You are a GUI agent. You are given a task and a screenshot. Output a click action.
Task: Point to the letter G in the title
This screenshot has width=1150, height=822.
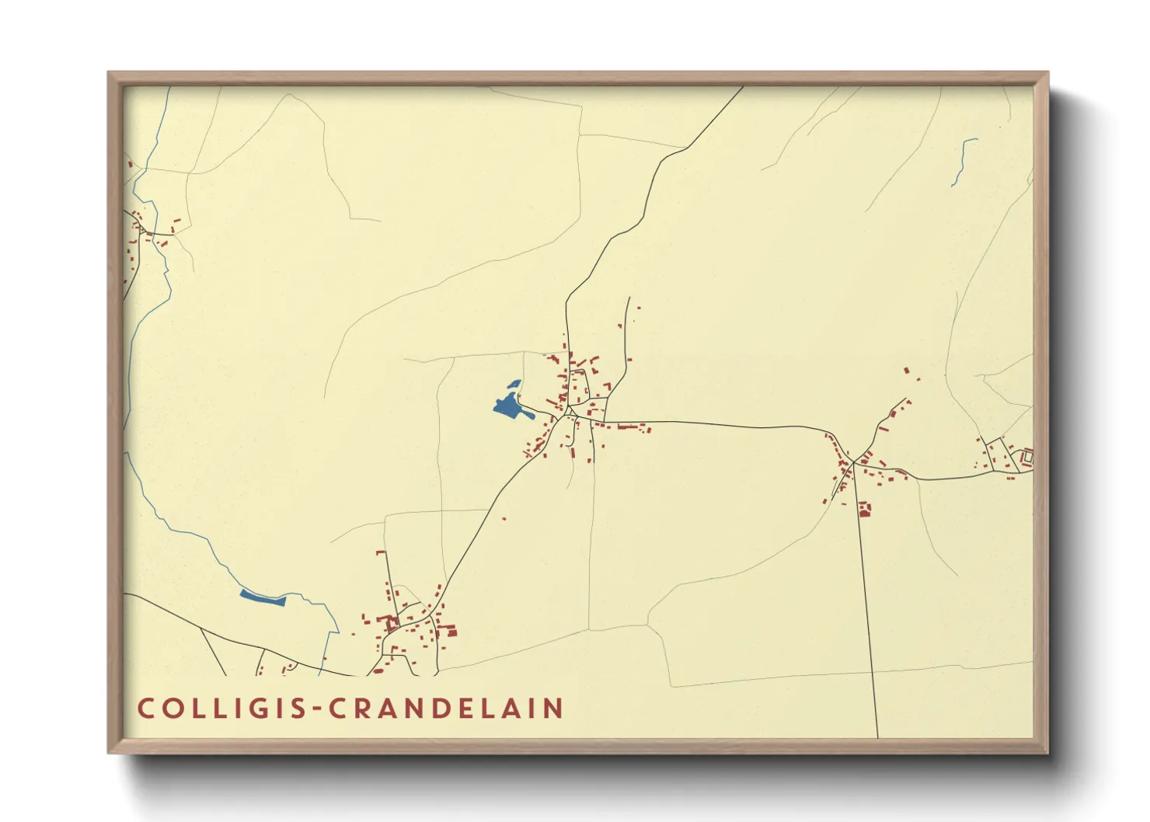click(261, 709)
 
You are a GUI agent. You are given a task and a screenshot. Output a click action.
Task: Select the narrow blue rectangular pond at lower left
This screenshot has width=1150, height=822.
click(263, 597)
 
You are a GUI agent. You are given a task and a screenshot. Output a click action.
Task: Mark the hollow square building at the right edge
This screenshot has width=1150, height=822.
click(1027, 457)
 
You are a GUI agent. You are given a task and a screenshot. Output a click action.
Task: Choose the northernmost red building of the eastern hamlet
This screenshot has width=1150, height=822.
click(906, 371)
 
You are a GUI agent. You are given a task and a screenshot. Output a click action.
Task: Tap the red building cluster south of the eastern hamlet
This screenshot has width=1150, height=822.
click(864, 509)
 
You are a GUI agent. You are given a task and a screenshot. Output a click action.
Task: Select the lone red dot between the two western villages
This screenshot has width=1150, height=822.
click(504, 518)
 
